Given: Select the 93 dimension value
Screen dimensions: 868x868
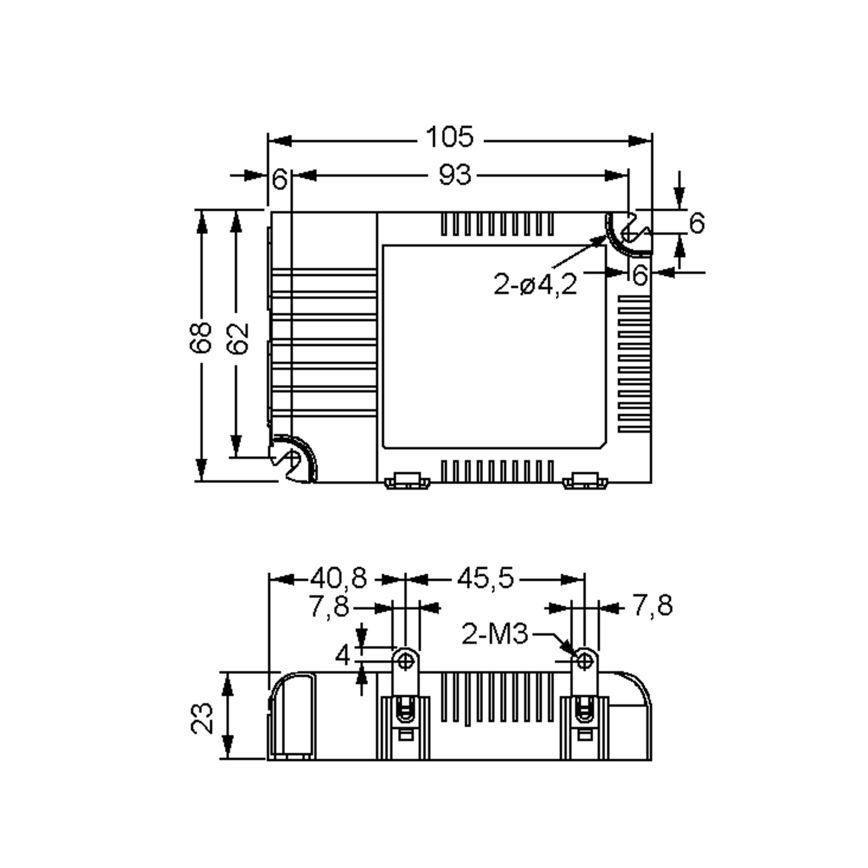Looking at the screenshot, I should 455,175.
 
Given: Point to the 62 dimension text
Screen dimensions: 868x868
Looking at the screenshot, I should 237,338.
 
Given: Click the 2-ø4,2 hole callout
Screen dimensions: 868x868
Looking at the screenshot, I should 535,284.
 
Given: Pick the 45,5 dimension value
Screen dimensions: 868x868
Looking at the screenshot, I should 486,578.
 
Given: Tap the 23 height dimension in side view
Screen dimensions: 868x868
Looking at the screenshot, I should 202,718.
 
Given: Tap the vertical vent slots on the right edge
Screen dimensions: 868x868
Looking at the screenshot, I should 634,363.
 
